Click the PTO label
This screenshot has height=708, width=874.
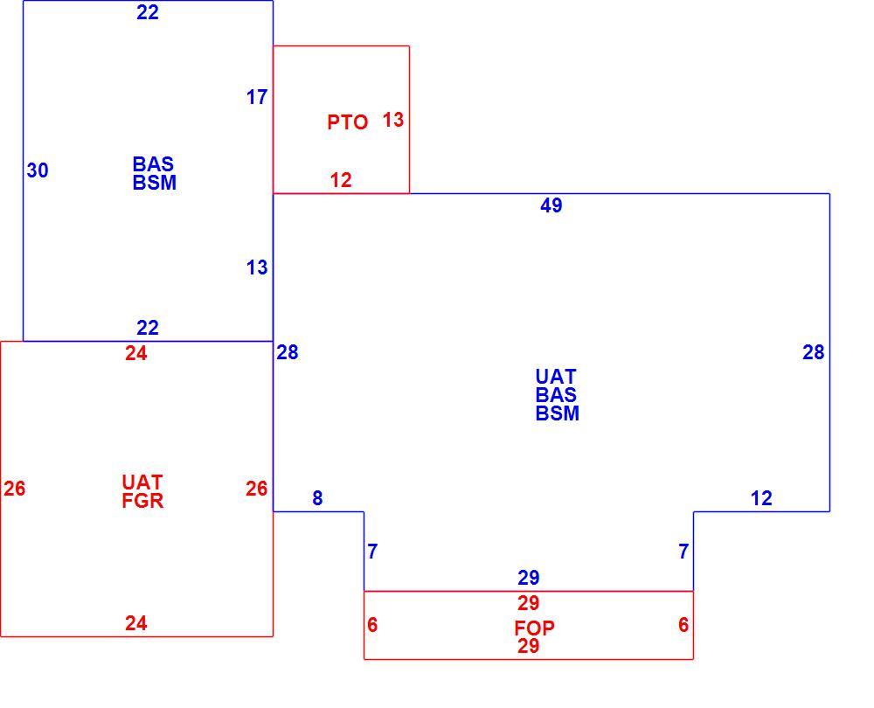click(347, 122)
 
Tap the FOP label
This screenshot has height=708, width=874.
click(534, 628)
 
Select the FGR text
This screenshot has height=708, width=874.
click(142, 501)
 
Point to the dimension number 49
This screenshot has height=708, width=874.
click(551, 205)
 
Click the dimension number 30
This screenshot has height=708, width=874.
click(38, 170)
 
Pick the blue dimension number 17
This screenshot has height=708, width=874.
click(257, 97)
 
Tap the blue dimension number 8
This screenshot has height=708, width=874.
click(317, 498)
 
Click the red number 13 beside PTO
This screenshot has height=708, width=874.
click(393, 119)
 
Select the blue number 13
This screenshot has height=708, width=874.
click(257, 267)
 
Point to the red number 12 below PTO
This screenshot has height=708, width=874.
click(341, 180)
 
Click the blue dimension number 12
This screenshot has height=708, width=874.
click(761, 498)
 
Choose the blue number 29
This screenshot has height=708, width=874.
click(529, 578)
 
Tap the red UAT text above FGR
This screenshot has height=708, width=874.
click(142, 482)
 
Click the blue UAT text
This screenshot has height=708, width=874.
click(556, 377)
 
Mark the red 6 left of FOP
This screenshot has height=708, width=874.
click(372, 625)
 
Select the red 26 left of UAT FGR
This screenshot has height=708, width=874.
click(15, 489)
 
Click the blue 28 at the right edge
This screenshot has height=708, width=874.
click(813, 351)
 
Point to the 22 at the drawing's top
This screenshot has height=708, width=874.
click(148, 12)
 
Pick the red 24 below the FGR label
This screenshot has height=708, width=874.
click(136, 622)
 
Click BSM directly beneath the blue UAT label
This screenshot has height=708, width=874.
click(558, 413)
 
